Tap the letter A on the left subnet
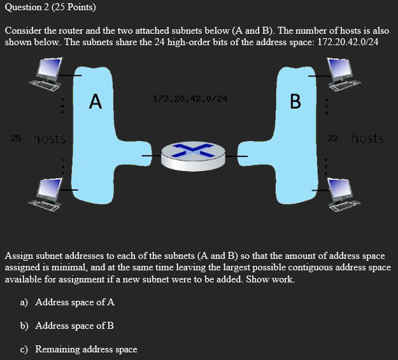tap(95, 101)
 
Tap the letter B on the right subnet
tap(295, 101)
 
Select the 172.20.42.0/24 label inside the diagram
tap(190, 99)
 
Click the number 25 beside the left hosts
tap(16, 138)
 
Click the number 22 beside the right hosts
tap(332, 138)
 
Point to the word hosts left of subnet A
tap(49, 138)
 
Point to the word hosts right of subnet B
tap(367, 138)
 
